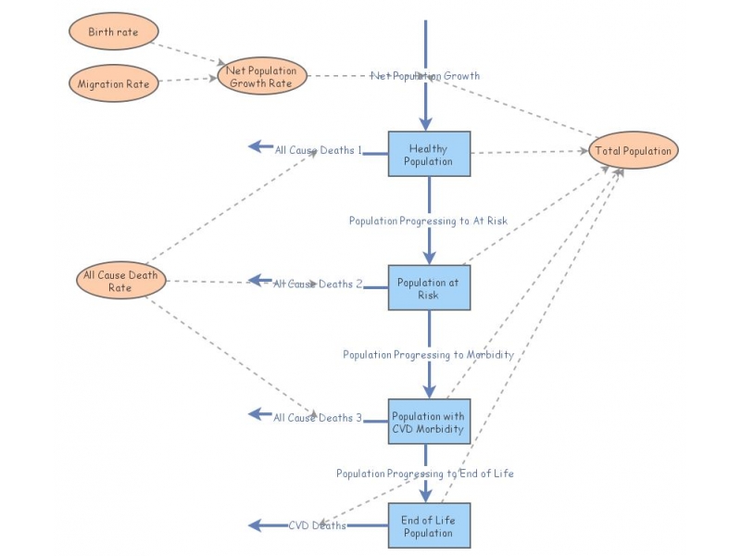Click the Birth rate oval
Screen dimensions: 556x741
(x=113, y=32)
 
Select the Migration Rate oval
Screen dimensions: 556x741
(x=113, y=83)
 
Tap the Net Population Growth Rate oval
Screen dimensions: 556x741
(x=263, y=76)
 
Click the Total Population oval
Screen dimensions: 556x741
(x=634, y=151)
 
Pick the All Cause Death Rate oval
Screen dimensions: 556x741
(x=119, y=281)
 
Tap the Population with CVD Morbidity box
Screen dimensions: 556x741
(x=428, y=423)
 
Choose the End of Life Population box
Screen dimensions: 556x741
(x=428, y=526)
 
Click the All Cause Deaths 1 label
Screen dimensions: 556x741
(x=318, y=149)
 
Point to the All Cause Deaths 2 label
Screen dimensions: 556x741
(x=318, y=284)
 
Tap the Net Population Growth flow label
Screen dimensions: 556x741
(x=425, y=76)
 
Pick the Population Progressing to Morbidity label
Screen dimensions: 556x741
(x=428, y=355)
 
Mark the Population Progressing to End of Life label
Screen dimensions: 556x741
(x=424, y=474)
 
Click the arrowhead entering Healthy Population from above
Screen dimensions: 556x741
(x=427, y=122)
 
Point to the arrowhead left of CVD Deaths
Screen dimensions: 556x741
(x=257, y=525)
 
